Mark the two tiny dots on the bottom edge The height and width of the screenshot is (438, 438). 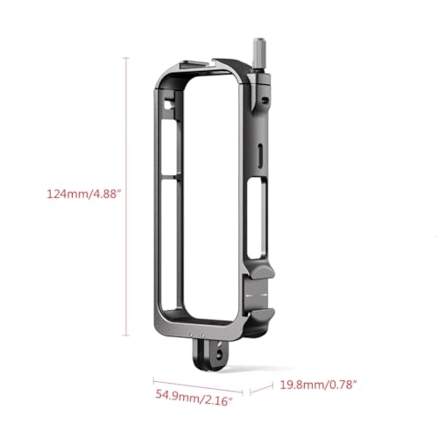191,334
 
